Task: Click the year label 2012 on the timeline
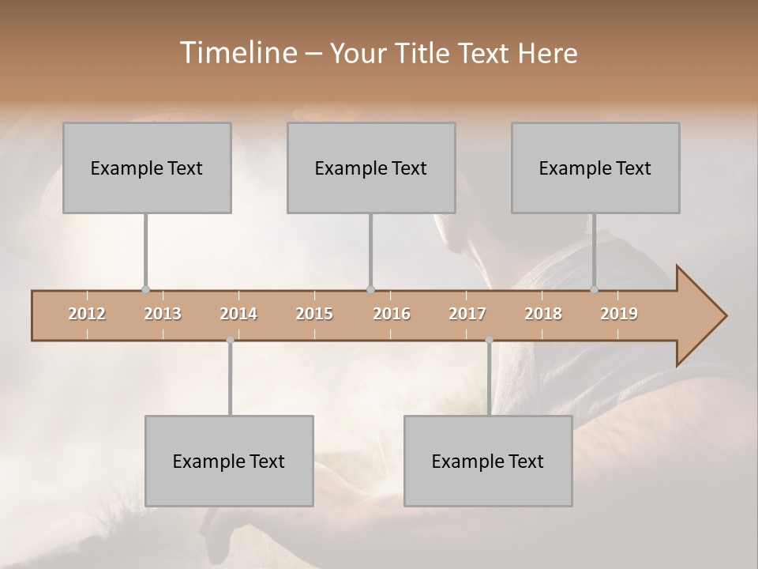[x=87, y=314]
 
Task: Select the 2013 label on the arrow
[x=163, y=314]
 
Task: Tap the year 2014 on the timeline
[x=238, y=314]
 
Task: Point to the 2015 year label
[x=314, y=314]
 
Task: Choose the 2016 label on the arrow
[x=392, y=314]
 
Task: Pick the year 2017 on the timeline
[x=467, y=314]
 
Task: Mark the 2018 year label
[x=543, y=314]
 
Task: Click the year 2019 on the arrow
[x=619, y=314]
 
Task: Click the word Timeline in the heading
[x=238, y=53]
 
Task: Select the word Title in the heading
[x=419, y=53]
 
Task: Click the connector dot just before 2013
[x=145, y=289]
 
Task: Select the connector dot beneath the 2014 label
[x=230, y=340]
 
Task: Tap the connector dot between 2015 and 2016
[x=370, y=289]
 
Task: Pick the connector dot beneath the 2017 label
[x=489, y=340]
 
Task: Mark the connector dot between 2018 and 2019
[x=595, y=289]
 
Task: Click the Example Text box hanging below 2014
[x=229, y=461]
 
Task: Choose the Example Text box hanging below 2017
[x=488, y=461]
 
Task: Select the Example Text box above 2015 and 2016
[x=371, y=168]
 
